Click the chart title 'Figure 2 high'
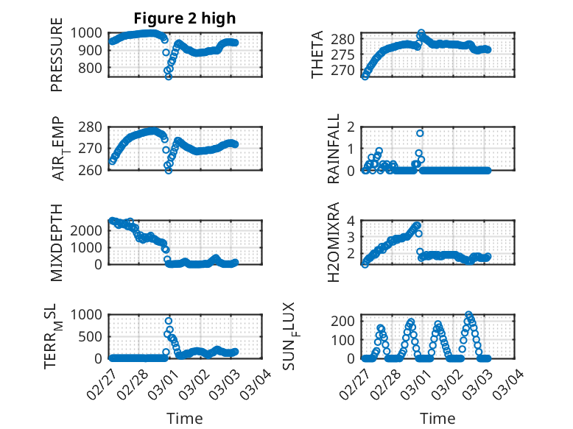(x=184, y=18)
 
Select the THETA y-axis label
(x=317, y=54)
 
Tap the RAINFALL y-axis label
(x=333, y=148)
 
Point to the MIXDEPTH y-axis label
(x=57, y=242)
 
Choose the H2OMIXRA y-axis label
(x=333, y=242)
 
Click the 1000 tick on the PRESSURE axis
(x=88, y=32)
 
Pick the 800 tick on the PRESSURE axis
(x=92, y=68)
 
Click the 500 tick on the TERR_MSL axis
(x=92, y=336)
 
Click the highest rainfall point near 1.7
(x=420, y=133)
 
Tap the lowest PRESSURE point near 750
(x=169, y=77)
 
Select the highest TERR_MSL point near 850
(x=169, y=321)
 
